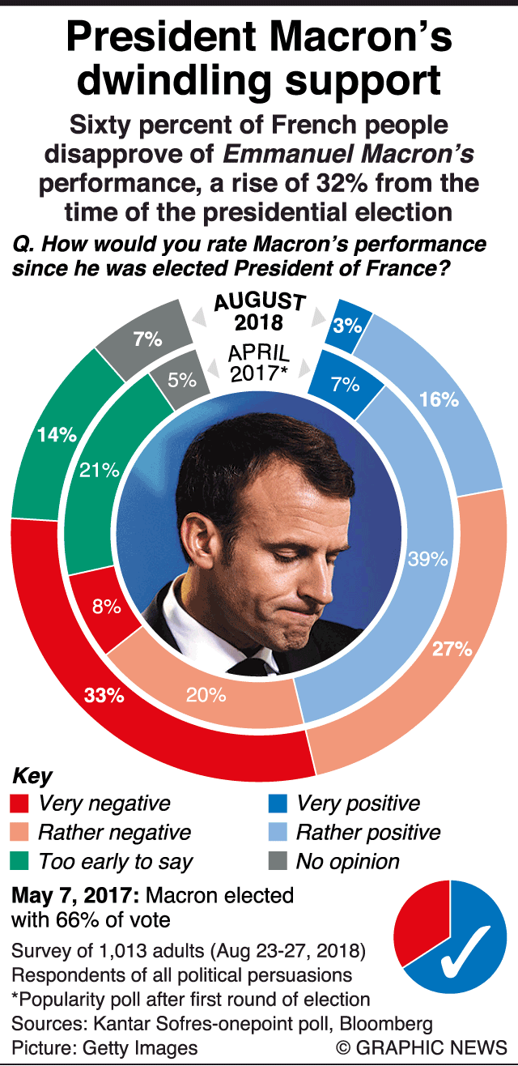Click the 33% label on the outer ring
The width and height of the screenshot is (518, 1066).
pos(104,694)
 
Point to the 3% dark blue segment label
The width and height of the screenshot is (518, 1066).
pos(346,325)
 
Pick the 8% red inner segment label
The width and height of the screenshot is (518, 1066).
pos(106,605)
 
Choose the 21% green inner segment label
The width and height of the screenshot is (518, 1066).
pos(99,470)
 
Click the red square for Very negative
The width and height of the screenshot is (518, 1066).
pos(20,804)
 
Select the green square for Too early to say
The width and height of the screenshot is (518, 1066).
pos(20,861)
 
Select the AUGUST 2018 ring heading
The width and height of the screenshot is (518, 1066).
pos(259,312)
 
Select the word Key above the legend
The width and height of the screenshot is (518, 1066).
pos(32,776)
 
